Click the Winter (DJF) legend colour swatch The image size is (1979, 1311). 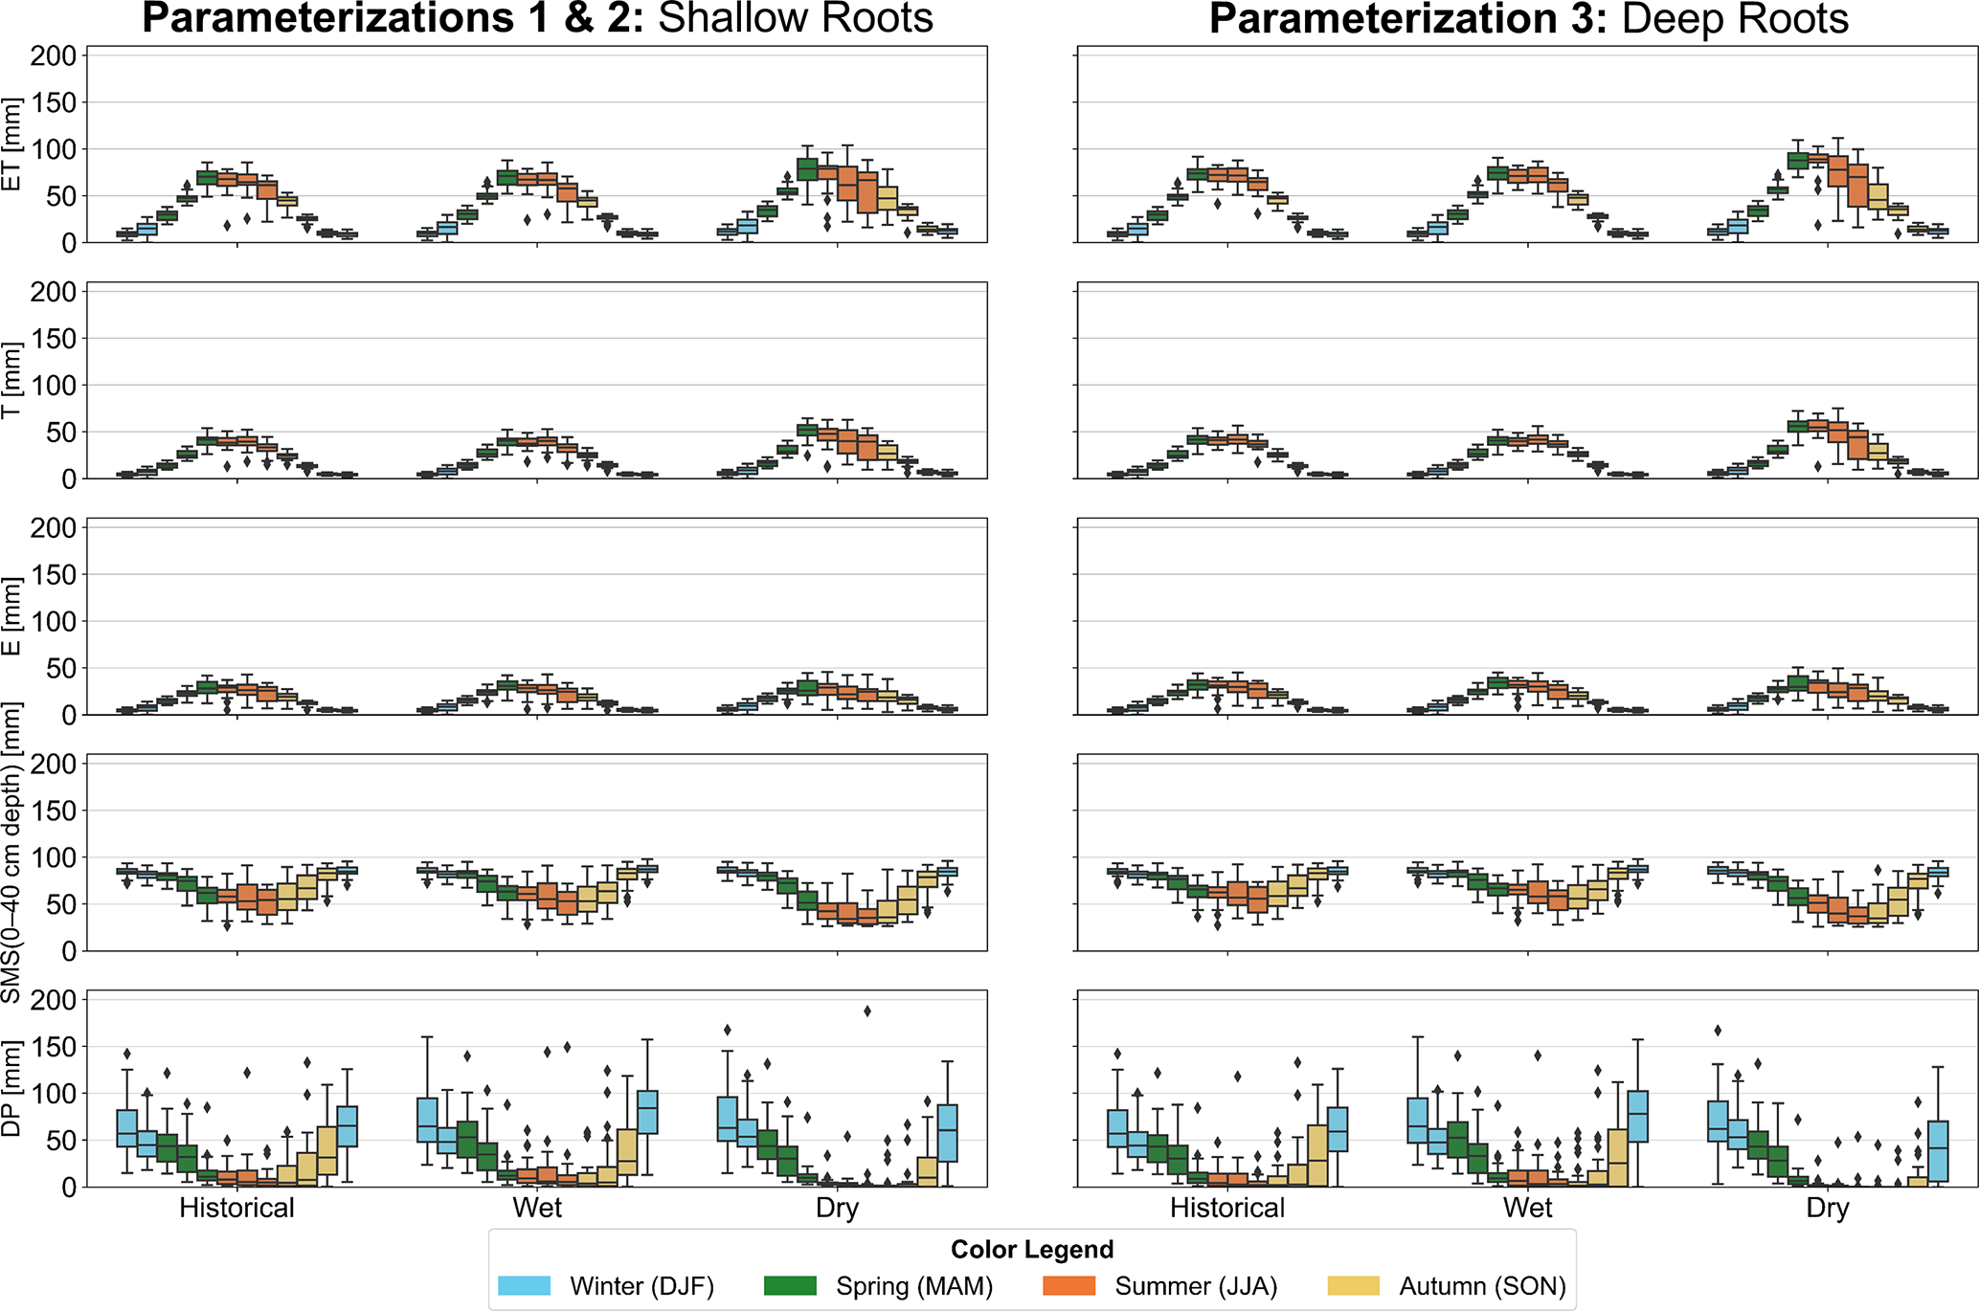tap(524, 1286)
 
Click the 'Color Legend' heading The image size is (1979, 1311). tap(1032, 1250)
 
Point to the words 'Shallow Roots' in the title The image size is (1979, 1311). tap(796, 19)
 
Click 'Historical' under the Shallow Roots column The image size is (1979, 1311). tap(236, 1208)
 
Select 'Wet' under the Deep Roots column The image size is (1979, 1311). tap(1527, 1208)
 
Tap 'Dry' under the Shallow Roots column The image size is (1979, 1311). tap(837, 1208)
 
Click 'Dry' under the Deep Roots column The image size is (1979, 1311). tap(1827, 1208)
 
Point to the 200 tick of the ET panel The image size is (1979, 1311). tap(53, 56)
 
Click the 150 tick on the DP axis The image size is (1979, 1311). tap(53, 1047)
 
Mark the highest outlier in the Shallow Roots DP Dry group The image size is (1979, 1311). tap(867, 1011)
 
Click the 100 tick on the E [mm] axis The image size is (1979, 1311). tap(53, 622)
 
